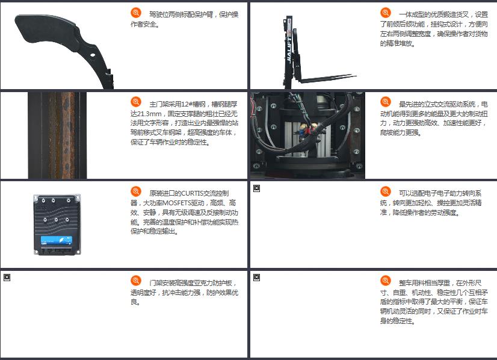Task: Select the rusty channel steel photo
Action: point(57,135)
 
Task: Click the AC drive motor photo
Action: point(307,135)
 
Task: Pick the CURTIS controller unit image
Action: point(57,225)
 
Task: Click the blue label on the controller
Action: point(57,240)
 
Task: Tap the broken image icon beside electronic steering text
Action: point(257,188)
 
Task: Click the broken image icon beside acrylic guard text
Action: point(7,278)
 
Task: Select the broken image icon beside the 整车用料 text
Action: point(257,278)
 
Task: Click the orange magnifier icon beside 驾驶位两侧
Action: point(136,13)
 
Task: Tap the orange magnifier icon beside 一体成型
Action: point(386,13)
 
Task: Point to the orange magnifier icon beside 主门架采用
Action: point(136,102)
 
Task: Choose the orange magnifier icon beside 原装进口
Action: point(136,191)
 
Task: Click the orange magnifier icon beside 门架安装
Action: point(136,281)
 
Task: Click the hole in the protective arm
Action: point(93,55)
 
